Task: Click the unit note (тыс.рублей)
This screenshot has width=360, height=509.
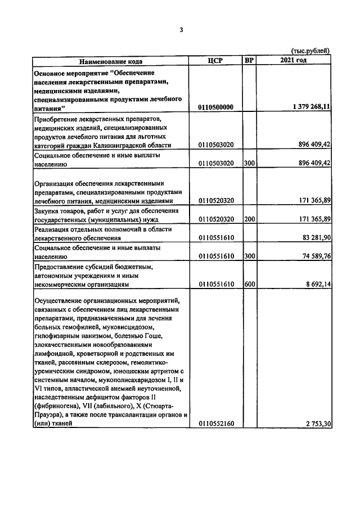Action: pos(310,51)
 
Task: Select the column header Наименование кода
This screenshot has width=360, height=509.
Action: pos(110,61)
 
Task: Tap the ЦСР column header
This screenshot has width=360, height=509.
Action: pos(216,61)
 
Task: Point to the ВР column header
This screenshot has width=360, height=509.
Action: pos(249,61)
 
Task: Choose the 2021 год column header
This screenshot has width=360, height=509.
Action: pos(293,61)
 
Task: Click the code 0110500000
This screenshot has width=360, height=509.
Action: pos(216,107)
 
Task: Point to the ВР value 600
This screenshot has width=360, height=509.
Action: pos(250,285)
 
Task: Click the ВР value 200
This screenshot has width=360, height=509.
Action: pos(250,219)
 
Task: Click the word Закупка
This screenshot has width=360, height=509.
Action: pos(48,210)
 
